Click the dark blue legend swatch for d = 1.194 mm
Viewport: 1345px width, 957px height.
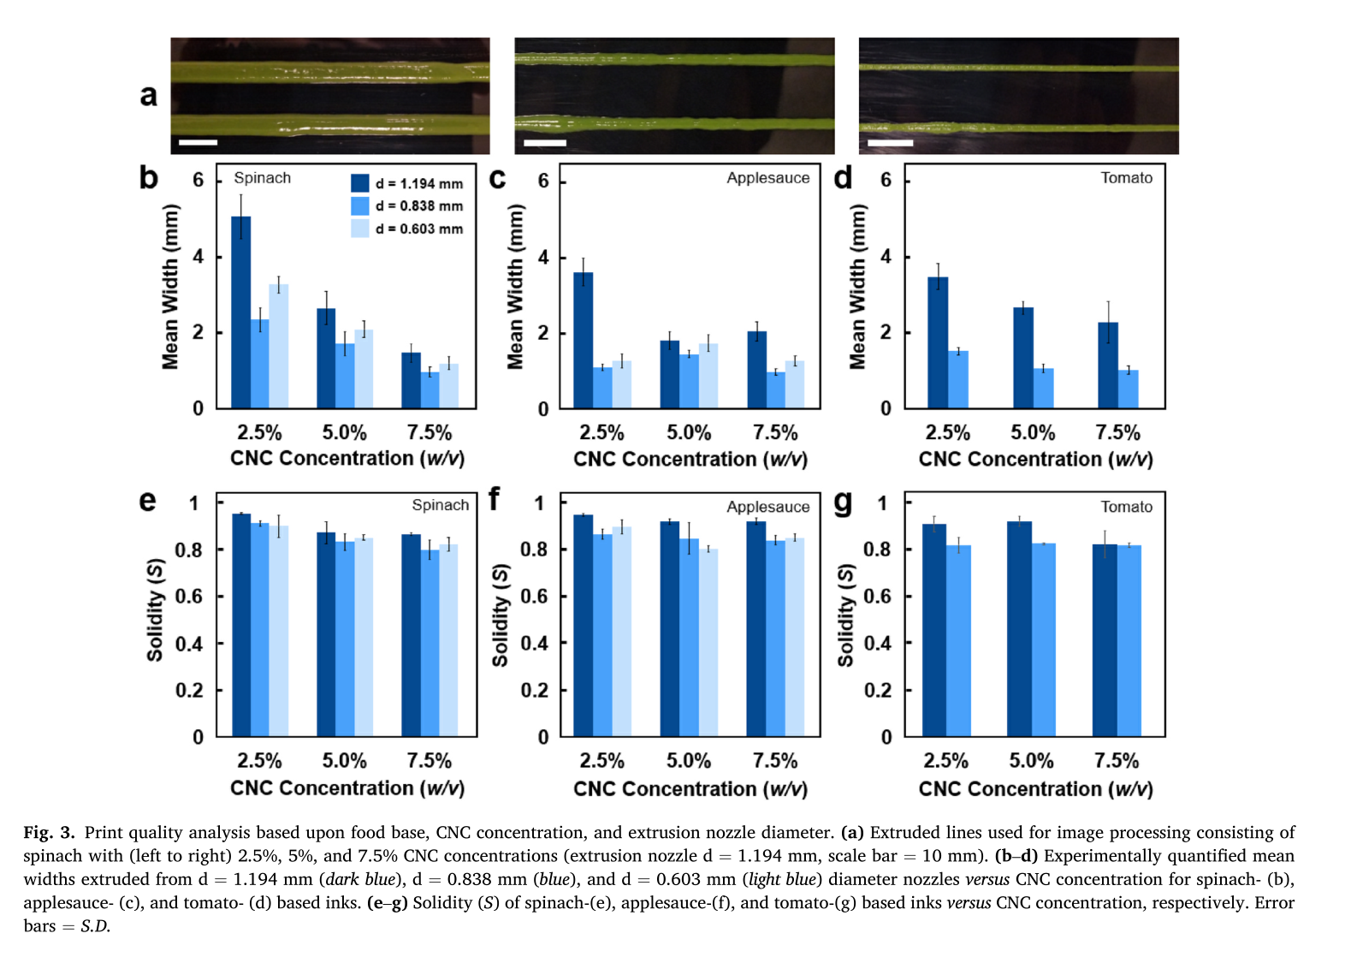(x=359, y=183)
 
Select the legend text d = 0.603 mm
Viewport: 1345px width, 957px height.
(x=419, y=229)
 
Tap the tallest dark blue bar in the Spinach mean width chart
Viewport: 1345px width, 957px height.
(x=240, y=312)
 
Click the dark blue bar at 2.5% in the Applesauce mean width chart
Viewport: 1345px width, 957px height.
(x=583, y=341)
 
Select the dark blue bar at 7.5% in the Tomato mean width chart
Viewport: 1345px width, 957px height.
(x=1108, y=366)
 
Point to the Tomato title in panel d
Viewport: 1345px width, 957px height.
(x=1126, y=178)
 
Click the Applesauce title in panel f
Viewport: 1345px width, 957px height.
(x=767, y=507)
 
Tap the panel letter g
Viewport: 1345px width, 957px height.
(x=843, y=502)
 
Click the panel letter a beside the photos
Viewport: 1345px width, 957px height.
(x=149, y=95)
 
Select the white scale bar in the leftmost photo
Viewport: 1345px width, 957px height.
(x=198, y=142)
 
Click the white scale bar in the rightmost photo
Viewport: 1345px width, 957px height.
(x=890, y=143)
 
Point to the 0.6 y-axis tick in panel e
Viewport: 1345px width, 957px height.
(x=189, y=597)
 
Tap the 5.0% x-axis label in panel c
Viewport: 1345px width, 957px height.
(x=689, y=433)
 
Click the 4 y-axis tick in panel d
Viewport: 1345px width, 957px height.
(x=886, y=257)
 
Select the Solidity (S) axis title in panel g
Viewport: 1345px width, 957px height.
(x=845, y=615)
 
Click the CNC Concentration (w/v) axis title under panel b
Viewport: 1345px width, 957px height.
(x=347, y=459)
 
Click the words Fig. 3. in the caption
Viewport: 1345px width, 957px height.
(x=49, y=833)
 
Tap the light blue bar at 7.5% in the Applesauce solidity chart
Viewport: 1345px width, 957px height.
(x=795, y=637)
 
